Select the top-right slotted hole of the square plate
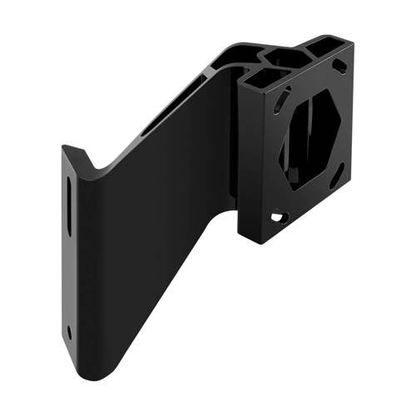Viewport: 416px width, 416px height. (339, 67)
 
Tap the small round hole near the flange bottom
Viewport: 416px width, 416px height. (69, 331)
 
